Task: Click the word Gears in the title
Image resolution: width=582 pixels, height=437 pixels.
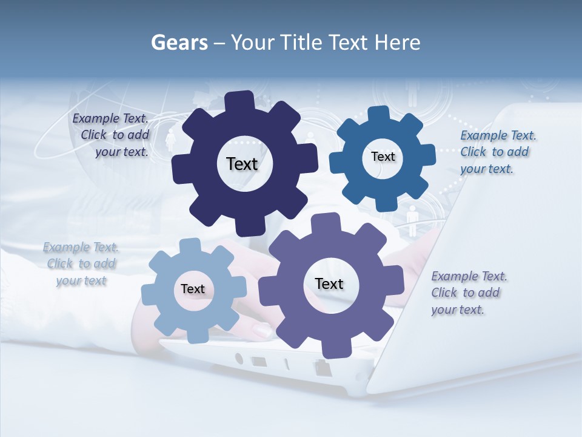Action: (179, 42)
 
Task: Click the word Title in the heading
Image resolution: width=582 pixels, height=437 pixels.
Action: (304, 42)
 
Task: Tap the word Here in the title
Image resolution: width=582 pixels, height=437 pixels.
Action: (397, 42)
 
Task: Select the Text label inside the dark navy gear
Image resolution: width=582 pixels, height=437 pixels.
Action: (242, 164)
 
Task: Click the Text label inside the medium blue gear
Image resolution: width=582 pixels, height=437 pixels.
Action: (383, 157)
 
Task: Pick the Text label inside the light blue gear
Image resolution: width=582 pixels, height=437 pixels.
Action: (193, 290)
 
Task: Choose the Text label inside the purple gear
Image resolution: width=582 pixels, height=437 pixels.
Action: (329, 284)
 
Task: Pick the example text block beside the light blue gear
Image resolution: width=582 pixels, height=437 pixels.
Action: (81, 264)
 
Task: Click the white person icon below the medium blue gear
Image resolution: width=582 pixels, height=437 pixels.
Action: (412, 219)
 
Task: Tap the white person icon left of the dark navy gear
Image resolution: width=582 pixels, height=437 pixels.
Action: (170, 140)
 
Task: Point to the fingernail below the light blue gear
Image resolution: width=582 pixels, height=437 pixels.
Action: (262, 331)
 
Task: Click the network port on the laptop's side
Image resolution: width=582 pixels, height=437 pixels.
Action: (320, 366)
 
